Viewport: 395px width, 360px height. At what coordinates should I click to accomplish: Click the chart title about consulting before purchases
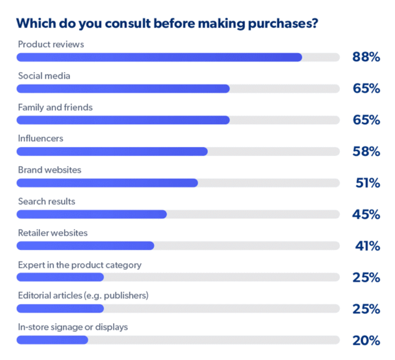click(167, 23)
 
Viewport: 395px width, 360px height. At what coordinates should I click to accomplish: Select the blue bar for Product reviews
click(159, 57)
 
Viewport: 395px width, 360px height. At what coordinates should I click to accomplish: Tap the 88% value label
click(366, 57)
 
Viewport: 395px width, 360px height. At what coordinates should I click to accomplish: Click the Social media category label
click(44, 76)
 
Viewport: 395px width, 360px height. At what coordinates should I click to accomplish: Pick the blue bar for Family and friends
click(123, 120)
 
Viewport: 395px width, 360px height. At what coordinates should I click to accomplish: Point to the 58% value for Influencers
click(366, 151)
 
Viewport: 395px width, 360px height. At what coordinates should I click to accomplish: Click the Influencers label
click(41, 138)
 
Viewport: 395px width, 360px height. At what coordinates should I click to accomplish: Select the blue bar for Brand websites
click(107, 183)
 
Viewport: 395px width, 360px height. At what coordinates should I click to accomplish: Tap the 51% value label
click(367, 183)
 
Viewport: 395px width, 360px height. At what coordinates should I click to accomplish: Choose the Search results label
click(47, 201)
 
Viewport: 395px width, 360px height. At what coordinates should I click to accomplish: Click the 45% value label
click(366, 215)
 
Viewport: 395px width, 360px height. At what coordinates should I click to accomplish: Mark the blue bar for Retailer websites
click(85, 246)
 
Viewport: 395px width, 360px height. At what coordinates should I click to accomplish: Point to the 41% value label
click(367, 246)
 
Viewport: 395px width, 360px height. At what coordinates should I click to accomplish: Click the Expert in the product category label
click(80, 265)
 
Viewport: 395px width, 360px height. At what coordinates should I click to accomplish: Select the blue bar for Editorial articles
click(60, 309)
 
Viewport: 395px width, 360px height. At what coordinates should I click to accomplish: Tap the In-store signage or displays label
click(73, 327)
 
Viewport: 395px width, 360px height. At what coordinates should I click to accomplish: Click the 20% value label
click(366, 341)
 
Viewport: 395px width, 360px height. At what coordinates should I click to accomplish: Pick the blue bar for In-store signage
click(52, 340)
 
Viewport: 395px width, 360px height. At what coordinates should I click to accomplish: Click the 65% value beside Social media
click(366, 89)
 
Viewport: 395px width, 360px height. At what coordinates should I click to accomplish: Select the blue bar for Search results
click(91, 215)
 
